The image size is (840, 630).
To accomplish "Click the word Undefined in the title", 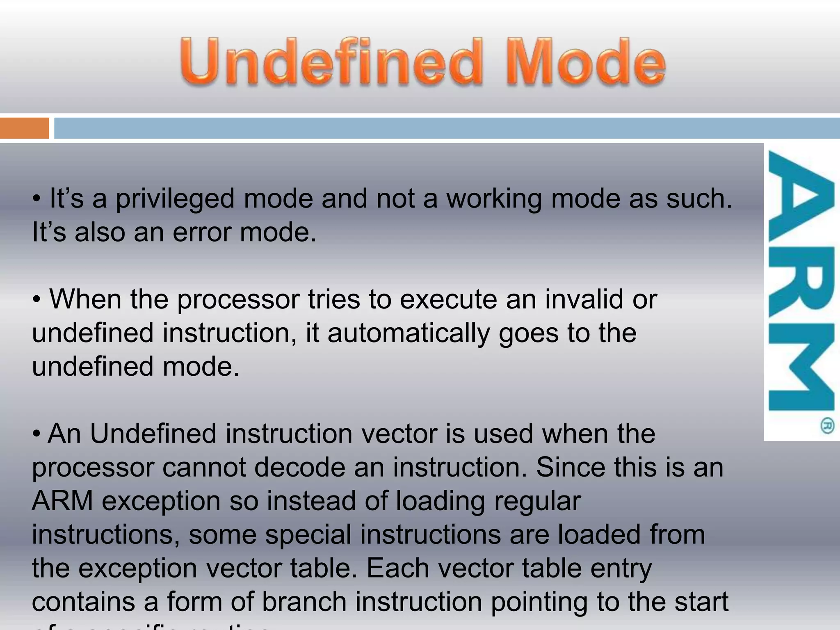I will [x=331, y=62].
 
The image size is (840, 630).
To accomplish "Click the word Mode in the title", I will [x=586, y=62].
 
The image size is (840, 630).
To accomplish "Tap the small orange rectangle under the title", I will [x=24, y=128].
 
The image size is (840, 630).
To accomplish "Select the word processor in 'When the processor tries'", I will [x=238, y=300].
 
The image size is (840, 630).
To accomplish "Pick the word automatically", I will [x=409, y=333].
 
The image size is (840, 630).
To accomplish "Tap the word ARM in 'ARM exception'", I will [x=62, y=501].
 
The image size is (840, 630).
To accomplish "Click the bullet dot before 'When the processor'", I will [x=37, y=300].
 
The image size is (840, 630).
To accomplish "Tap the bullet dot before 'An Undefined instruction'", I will [x=37, y=434].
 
